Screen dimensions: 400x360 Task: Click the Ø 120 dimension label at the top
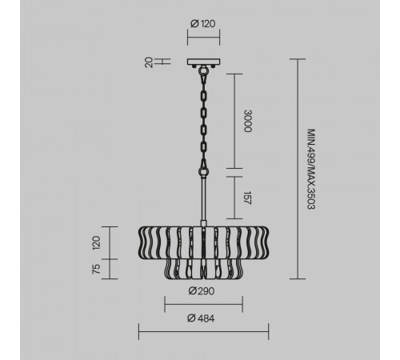[203, 24]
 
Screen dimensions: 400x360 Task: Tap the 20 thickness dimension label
[149, 62]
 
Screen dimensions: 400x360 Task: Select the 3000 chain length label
[248, 121]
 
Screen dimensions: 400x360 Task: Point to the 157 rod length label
[248, 198]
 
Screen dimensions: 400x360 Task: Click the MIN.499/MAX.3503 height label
[311, 169]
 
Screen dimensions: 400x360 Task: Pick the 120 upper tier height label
[96, 242]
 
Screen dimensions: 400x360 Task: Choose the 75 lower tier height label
[96, 269]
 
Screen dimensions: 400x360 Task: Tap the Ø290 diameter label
[202, 290]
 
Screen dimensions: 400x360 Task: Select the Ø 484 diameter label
[201, 318]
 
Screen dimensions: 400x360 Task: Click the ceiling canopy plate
[203, 62]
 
